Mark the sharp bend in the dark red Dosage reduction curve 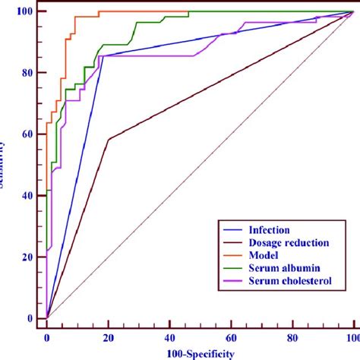(109, 140)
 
